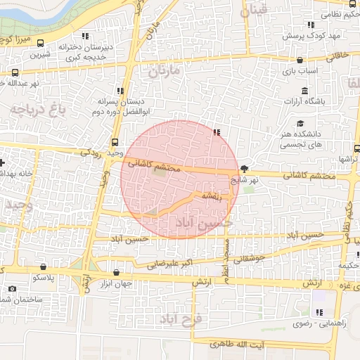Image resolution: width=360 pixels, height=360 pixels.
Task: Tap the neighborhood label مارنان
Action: point(165,71)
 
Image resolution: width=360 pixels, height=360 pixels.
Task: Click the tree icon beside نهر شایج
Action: point(244,169)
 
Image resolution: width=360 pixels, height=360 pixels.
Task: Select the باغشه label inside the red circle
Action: point(211,196)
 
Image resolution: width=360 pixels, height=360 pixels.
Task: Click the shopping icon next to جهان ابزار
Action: point(117,272)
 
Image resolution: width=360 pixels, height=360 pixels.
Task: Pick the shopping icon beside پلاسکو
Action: point(45,267)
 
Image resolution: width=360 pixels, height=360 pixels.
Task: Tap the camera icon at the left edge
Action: point(11,289)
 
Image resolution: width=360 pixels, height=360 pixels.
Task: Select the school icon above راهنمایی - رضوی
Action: point(319,312)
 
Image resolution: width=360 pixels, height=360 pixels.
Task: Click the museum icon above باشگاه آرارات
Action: point(304,91)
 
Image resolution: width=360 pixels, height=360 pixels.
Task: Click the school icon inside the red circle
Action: point(217,132)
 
